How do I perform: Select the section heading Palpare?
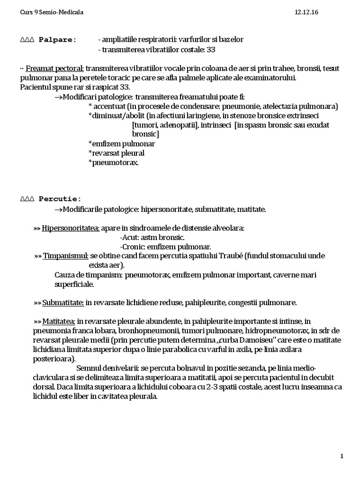pyautogui.click(x=57, y=39)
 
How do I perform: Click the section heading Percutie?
pyautogui.click(x=60, y=198)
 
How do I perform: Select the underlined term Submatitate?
pyautogui.click(x=63, y=302)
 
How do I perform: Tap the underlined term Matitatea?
pyautogui.click(x=60, y=321)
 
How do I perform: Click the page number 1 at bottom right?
pyautogui.click(x=342, y=456)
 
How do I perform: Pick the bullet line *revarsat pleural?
pyautogui.click(x=116, y=153)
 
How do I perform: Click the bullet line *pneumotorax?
pyautogui.click(x=113, y=162)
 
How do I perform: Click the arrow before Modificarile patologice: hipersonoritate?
pyautogui.click(x=58, y=209)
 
